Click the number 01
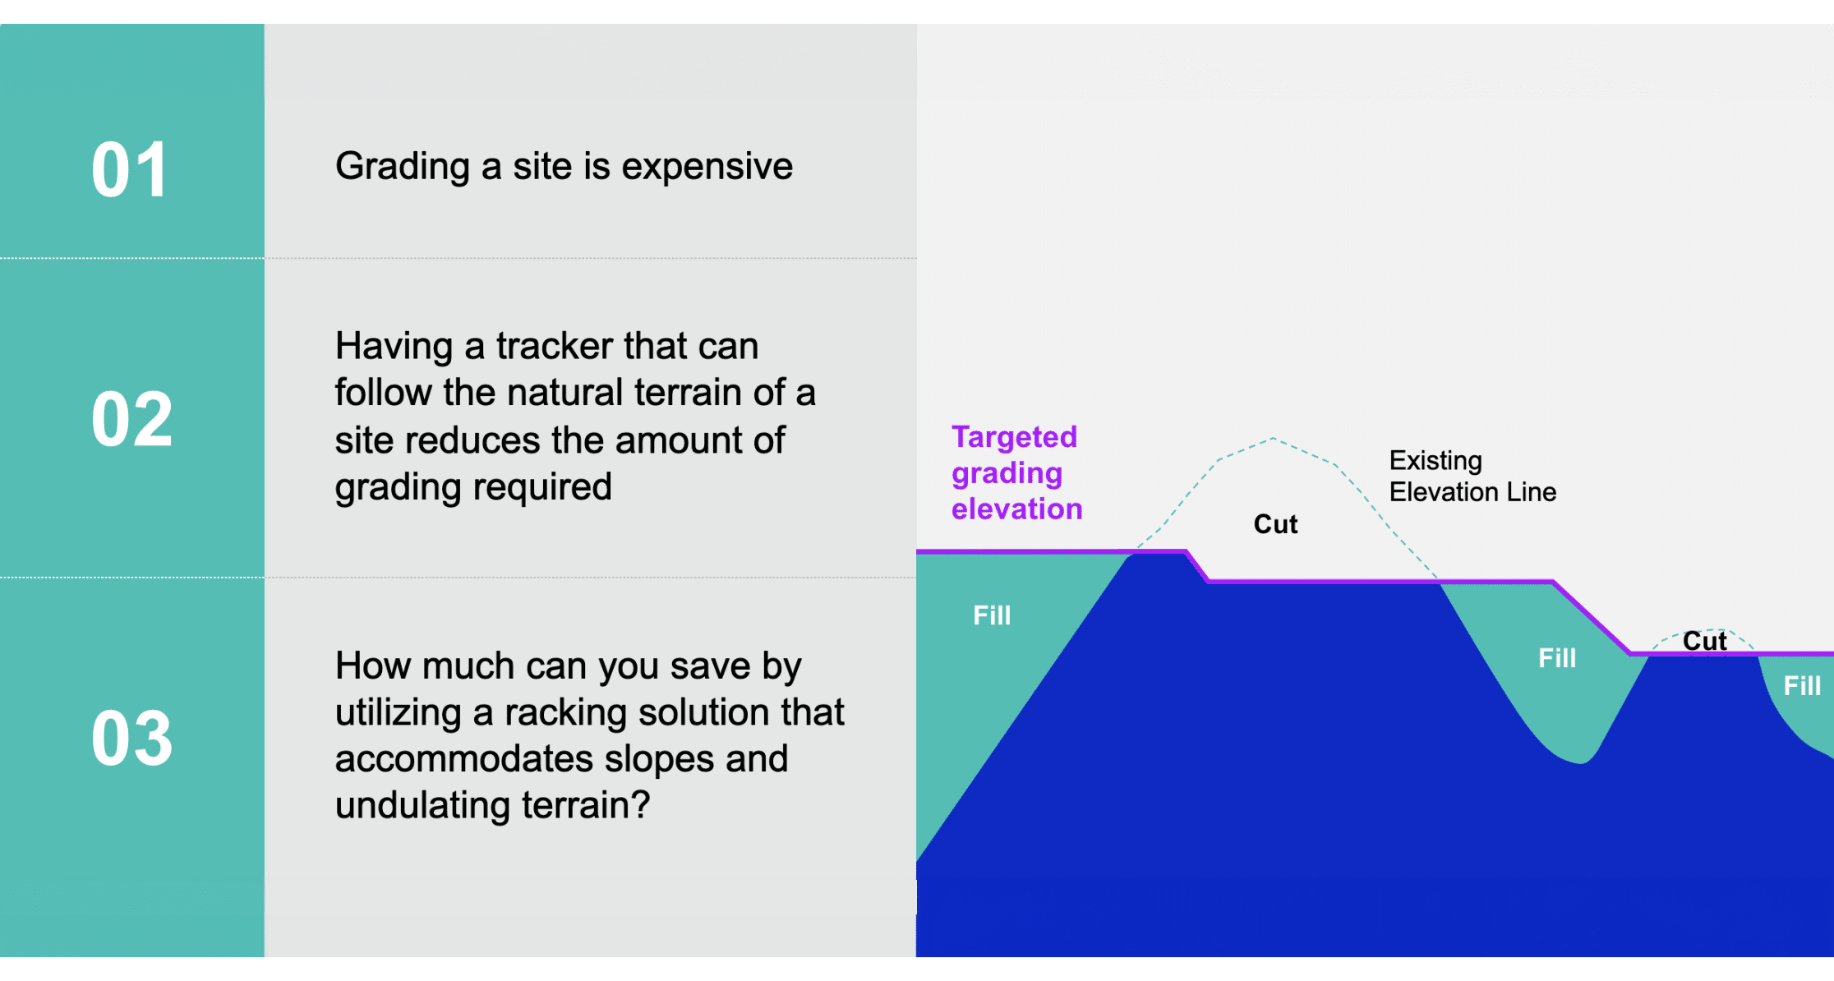click(130, 170)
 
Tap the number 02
click(131, 419)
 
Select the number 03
click(131, 738)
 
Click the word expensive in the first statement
click(707, 167)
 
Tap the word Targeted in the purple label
click(1014, 437)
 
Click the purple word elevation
click(1016, 509)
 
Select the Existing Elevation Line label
click(1472, 476)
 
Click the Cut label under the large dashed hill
click(1275, 524)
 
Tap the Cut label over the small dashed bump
click(1704, 641)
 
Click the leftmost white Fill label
click(992, 615)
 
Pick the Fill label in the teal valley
click(1557, 658)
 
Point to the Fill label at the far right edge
click(1802, 686)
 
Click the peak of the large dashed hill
click(1273, 438)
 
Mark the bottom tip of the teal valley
click(1579, 763)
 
